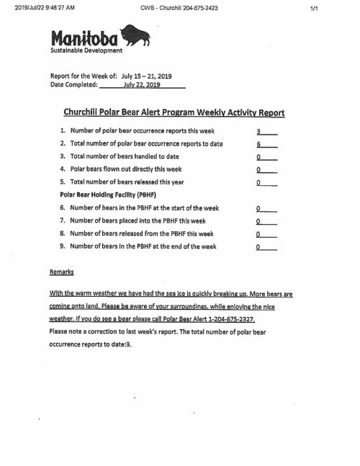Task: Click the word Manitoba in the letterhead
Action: pos(84,38)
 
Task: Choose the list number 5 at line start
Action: pos(63,182)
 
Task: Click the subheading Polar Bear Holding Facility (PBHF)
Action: pos(107,195)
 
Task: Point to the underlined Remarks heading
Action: pos(61,272)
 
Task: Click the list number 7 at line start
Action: pos(63,220)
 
